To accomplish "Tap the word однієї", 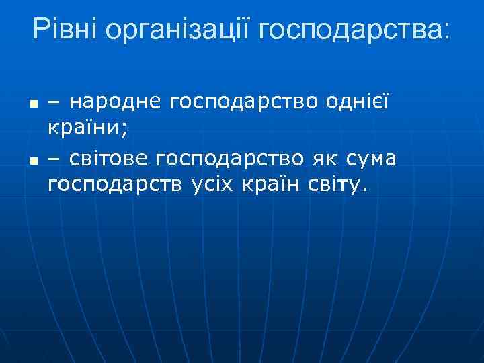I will [x=357, y=102].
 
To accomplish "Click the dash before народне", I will [x=54, y=103].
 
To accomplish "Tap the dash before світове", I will [x=54, y=158].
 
